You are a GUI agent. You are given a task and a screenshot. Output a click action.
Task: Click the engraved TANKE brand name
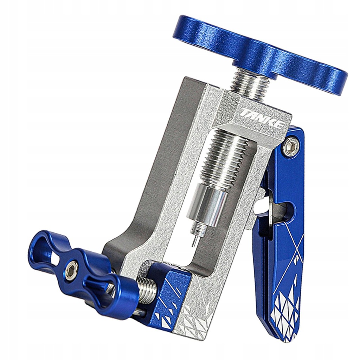point(261,119)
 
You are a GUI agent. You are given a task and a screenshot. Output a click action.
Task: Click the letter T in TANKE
point(243,112)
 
